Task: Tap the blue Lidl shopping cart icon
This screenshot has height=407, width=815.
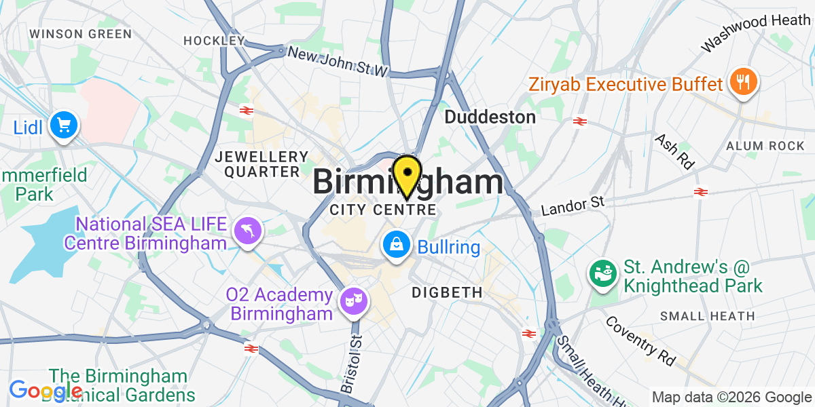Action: click(64, 125)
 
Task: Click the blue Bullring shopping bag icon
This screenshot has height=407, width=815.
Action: click(395, 246)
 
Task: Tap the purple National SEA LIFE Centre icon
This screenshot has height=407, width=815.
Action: click(246, 231)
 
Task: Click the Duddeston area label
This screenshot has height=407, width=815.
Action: click(490, 117)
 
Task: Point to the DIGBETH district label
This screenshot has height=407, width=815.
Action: click(447, 293)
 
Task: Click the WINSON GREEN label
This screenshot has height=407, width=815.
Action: click(80, 33)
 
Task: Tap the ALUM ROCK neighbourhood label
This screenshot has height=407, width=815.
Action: click(765, 146)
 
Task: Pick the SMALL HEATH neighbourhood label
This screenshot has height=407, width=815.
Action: click(707, 316)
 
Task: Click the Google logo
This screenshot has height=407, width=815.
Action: click(44, 391)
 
